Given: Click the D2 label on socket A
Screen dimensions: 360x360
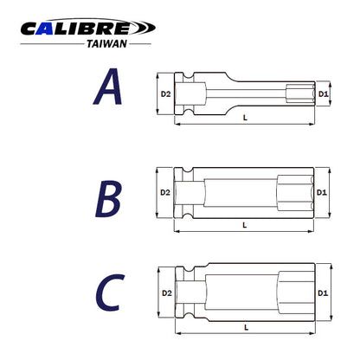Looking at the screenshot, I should coord(164,93).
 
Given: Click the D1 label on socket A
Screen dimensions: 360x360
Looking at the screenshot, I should coord(323,93).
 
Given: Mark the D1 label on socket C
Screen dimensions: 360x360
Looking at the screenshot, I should coord(323,293).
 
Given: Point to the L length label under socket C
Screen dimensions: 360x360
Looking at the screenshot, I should coord(245,327).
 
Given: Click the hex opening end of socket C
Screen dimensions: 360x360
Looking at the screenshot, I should coord(290,293).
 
